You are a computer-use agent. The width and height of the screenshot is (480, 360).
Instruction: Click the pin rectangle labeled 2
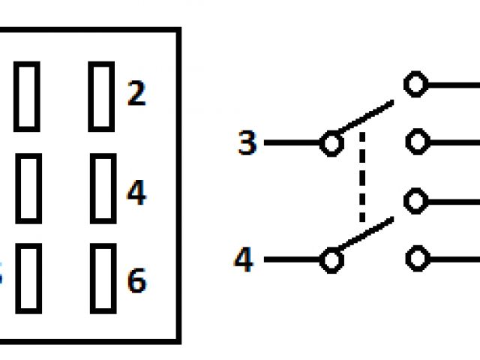coord(101,96)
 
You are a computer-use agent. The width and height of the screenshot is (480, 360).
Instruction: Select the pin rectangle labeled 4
coord(103,187)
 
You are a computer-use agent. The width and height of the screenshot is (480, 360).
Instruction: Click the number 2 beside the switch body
coord(136,95)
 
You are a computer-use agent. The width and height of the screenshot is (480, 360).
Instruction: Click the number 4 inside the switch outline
coord(136,193)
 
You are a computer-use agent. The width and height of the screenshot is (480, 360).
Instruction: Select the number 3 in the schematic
coord(247,142)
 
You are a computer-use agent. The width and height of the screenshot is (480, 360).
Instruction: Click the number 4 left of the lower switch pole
coord(243,260)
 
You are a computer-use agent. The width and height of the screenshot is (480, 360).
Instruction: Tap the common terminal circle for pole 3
coord(331,142)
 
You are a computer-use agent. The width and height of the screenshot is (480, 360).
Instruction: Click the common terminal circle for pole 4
coord(331,260)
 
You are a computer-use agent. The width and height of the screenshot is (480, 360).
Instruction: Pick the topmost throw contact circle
coord(416,84)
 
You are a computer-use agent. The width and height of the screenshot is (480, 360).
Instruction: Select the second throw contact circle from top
coord(416,142)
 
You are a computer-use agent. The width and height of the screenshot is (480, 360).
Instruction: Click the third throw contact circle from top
coord(416,202)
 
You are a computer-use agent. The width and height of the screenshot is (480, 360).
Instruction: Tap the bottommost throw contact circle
coord(416,259)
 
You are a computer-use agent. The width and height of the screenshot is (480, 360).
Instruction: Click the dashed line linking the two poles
coord(362,178)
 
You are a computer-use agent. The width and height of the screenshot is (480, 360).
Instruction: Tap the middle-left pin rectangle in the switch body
coord(28,187)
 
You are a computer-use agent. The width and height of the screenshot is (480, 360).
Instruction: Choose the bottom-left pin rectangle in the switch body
coord(28,277)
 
